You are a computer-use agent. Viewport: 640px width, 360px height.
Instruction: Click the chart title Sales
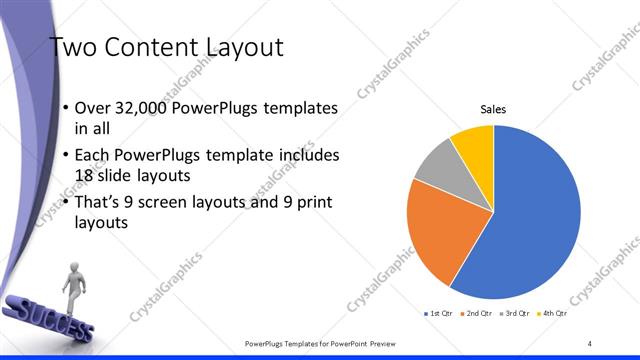[494, 107]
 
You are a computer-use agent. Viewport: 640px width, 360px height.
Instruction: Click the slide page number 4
[590, 343]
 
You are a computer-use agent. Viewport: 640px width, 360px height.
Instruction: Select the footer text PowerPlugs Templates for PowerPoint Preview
[320, 343]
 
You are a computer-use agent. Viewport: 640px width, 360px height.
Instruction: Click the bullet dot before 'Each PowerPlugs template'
[66, 156]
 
